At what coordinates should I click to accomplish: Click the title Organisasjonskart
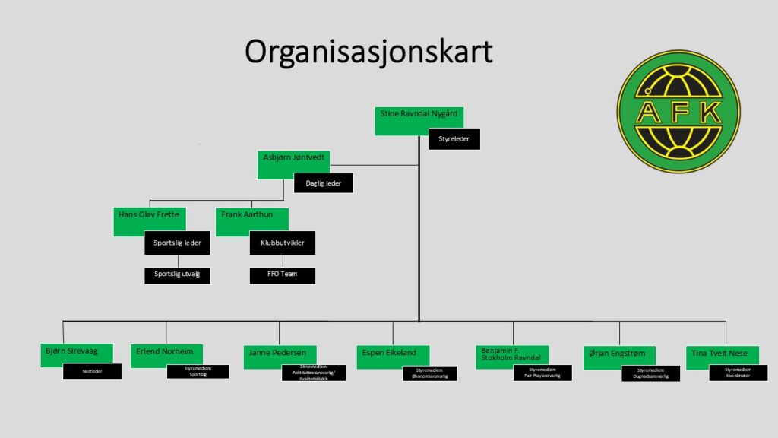click(x=368, y=52)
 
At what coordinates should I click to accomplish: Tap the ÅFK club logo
click(x=678, y=111)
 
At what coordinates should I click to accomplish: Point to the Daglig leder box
click(x=324, y=183)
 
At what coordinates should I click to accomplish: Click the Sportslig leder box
click(x=177, y=243)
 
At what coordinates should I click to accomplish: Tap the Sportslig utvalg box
click(x=177, y=274)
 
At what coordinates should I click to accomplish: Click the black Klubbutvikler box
click(x=283, y=243)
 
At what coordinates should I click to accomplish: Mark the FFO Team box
click(x=283, y=274)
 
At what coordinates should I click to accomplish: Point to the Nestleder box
click(x=92, y=372)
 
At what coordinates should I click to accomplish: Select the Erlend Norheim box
click(x=166, y=354)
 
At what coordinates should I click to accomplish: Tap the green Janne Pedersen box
click(x=280, y=355)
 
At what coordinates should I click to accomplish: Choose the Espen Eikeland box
click(x=393, y=356)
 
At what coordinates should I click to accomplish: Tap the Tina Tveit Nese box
click(x=722, y=355)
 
